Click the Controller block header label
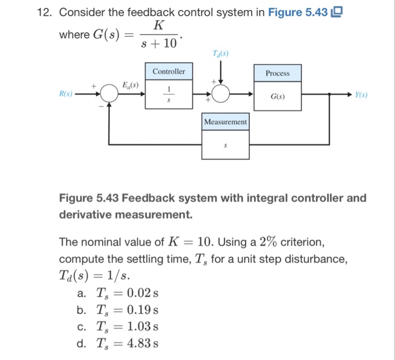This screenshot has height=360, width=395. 169,72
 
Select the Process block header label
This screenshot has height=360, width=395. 277,73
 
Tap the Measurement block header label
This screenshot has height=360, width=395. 225,122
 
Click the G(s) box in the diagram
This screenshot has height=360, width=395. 277,96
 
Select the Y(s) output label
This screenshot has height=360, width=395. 361,95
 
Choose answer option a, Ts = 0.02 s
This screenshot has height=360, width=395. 118,293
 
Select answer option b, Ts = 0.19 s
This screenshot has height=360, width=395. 118,310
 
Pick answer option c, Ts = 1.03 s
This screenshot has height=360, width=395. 118,326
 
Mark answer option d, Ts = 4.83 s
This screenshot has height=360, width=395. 118,343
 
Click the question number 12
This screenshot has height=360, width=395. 44,12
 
